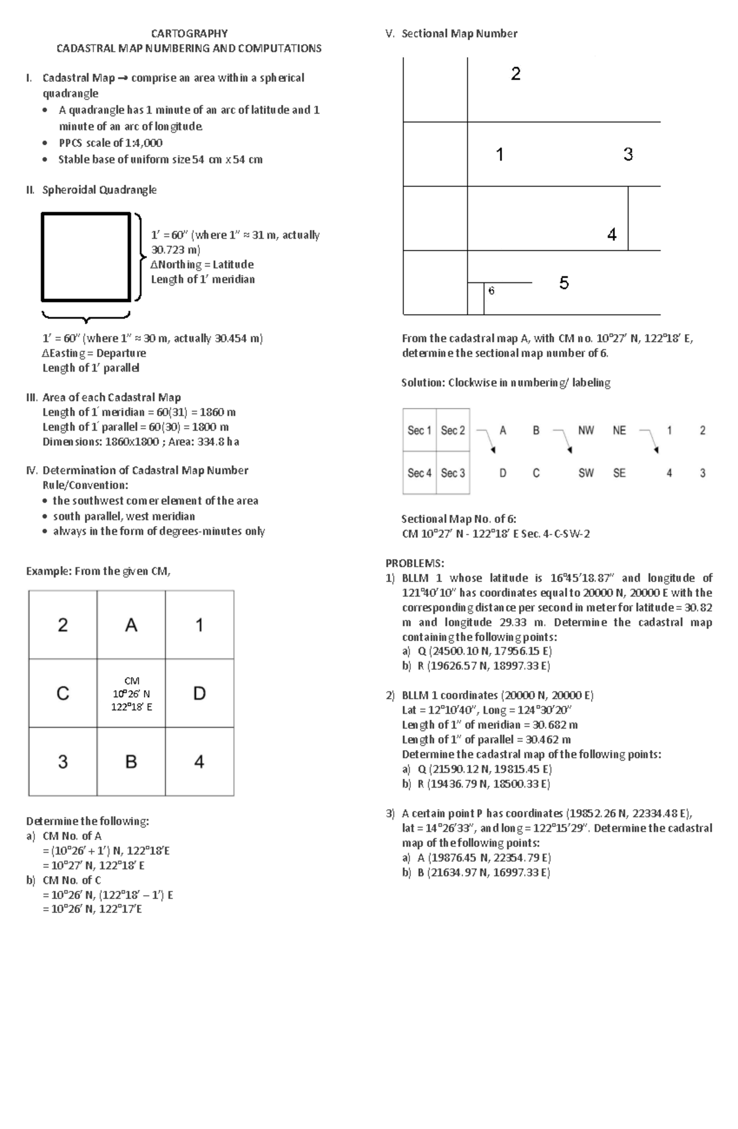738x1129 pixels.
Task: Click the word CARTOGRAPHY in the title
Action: [x=189, y=33]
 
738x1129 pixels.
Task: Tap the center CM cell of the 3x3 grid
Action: [x=131, y=693]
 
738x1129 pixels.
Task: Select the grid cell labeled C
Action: [x=63, y=693]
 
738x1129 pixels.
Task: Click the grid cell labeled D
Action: [x=199, y=693]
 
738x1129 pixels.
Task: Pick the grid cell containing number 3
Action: [x=63, y=762]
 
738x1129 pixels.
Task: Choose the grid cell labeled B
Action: [x=131, y=762]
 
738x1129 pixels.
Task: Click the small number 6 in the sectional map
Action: [x=491, y=291]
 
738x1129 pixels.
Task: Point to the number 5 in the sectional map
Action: [x=564, y=283]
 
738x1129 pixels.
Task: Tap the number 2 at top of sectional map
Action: [x=515, y=74]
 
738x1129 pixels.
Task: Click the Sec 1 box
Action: [x=419, y=430]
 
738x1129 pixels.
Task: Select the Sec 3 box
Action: [x=453, y=473]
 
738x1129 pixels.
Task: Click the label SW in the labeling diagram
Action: [x=586, y=473]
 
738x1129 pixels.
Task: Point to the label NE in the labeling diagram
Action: [x=619, y=431]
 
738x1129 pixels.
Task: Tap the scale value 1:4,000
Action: [x=143, y=143]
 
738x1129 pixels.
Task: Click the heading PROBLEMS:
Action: [x=415, y=563]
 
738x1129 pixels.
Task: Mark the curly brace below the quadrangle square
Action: [x=85, y=316]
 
